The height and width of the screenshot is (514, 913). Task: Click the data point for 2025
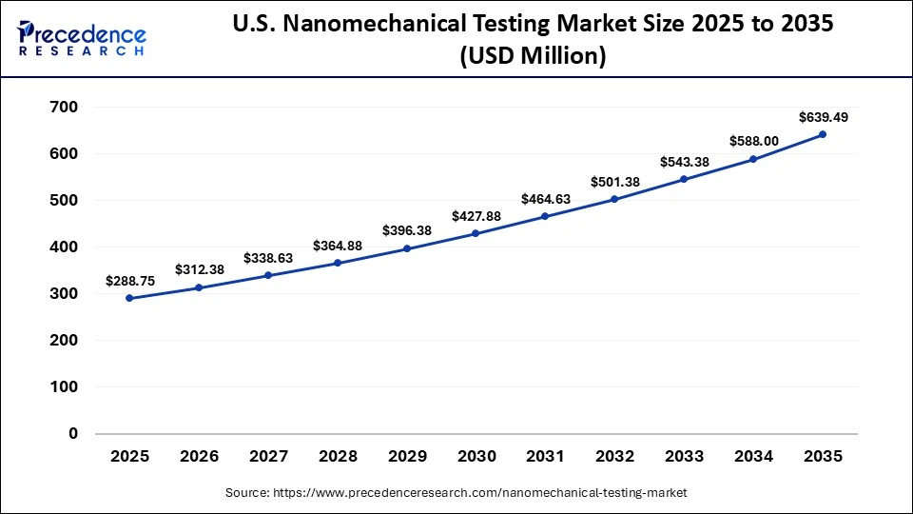click(x=129, y=298)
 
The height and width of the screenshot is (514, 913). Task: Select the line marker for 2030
click(x=476, y=233)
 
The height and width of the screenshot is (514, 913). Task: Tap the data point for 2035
click(x=822, y=134)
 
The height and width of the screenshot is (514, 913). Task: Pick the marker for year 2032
click(x=614, y=199)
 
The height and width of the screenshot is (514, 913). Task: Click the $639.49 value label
click(x=823, y=117)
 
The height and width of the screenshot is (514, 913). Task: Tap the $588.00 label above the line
click(x=753, y=141)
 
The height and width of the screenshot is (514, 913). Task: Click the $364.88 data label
click(x=337, y=246)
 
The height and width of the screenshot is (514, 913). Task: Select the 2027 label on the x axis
click(x=268, y=457)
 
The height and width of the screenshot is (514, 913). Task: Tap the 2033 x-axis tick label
click(x=684, y=457)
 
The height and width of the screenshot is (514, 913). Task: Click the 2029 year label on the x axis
click(x=406, y=457)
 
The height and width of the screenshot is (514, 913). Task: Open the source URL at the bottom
click(x=456, y=493)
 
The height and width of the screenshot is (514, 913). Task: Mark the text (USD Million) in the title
click(x=533, y=57)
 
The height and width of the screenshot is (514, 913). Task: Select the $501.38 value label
click(x=614, y=182)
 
